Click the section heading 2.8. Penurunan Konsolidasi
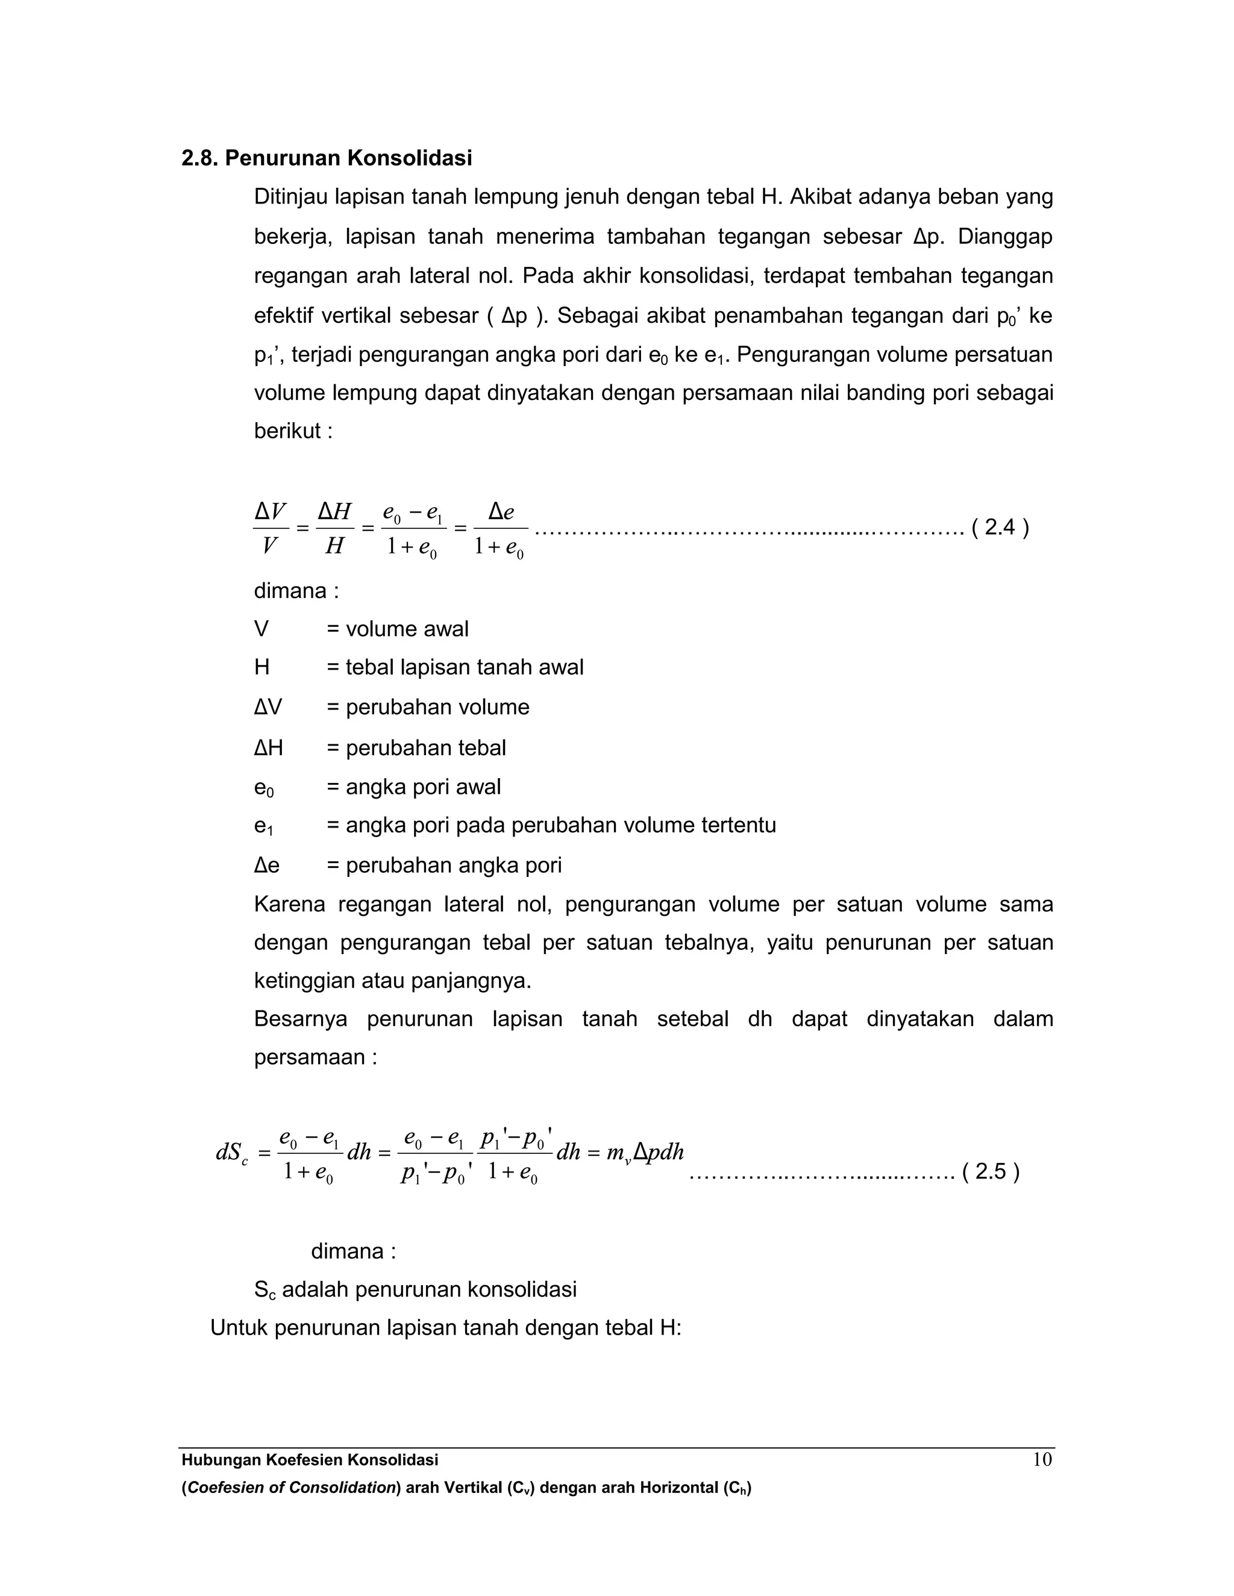click(326, 158)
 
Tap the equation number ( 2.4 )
click(1000, 527)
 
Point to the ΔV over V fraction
click(271, 528)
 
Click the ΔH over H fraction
click(335, 528)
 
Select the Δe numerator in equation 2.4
click(501, 511)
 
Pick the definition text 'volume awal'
click(407, 629)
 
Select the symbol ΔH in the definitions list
click(268, 747)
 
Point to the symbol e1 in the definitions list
click(263, 826)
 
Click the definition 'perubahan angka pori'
click(453, 865)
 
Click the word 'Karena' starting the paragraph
click(289, 904)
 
